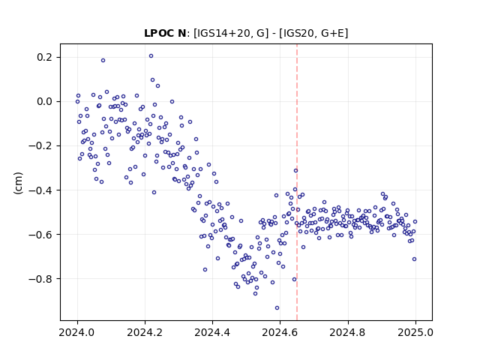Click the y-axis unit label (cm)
[18, 183]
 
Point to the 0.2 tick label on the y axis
[45, 57]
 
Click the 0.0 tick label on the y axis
[45, 102]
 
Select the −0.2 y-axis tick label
[40, 145]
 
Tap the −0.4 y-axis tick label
[40, 190]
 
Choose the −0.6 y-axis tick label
[40, 235]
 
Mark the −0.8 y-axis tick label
[40, 278]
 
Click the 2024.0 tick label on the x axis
[77, 332]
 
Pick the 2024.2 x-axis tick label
[145, 332]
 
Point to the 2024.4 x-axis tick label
[212, 332]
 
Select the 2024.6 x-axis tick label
[280, 332]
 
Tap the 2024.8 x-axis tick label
[347, 332]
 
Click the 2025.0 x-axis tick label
[415, 332]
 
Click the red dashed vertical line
[297, 182]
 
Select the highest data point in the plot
[151, 56]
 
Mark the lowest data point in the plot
[277, 308]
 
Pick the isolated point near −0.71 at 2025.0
[414, 259]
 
